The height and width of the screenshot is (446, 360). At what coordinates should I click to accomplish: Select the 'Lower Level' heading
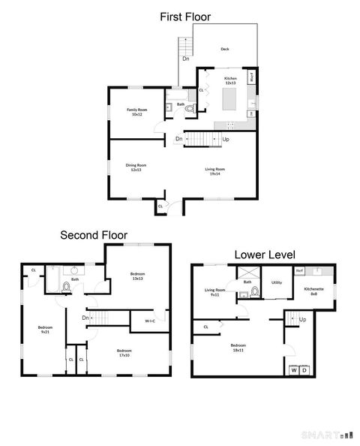pos(265,255)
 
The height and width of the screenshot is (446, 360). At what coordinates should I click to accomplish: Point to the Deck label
pos(224,50)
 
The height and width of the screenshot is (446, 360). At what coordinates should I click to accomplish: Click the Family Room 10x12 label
pos(136,112)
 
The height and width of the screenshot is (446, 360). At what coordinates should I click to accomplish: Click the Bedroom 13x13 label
pos(137,276)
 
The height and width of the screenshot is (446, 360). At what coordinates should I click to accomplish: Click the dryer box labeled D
pos(304,369)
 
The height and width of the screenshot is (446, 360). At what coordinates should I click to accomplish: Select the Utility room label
pos(276,282)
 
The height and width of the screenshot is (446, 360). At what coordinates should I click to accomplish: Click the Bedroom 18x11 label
pos(238,347)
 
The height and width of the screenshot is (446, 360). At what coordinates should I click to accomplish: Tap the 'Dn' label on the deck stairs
pos(184,59)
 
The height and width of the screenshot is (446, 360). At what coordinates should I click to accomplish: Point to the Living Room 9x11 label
pos(215,292)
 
